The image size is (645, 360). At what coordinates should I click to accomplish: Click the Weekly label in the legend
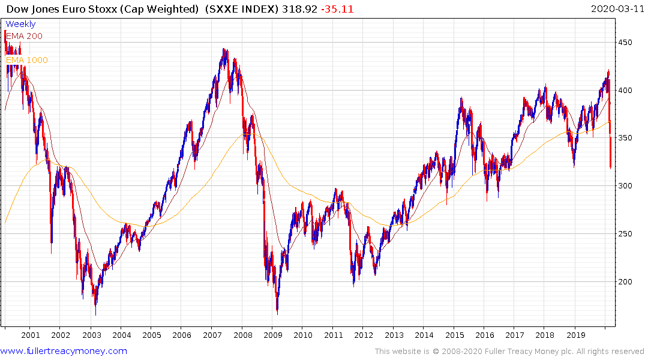(20, 24)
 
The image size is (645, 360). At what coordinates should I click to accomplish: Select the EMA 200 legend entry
(24, 36)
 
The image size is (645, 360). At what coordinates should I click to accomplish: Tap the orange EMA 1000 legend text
(26, 60)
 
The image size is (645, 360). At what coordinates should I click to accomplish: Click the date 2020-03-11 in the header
(616, 8)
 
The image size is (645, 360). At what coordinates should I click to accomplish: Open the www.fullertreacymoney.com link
(64, 351)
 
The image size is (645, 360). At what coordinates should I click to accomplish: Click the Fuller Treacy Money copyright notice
(509, 351)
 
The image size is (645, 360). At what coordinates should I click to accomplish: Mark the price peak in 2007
(223, 49)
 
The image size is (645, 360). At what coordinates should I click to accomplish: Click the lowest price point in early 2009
(277, 313)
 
